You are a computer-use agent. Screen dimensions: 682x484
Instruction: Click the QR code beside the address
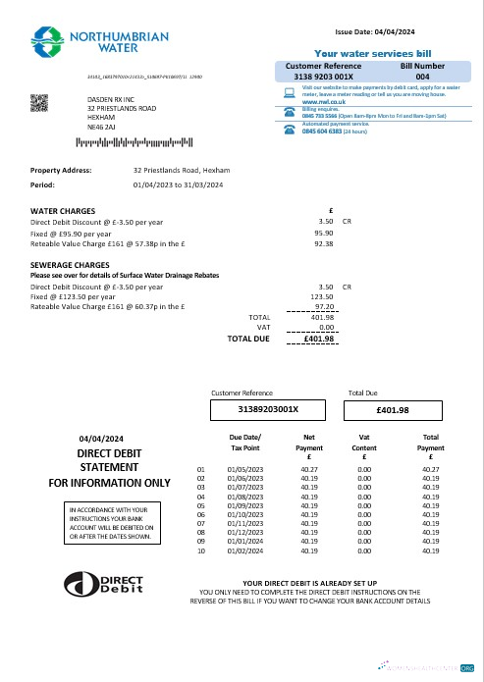click(x=41, y=102)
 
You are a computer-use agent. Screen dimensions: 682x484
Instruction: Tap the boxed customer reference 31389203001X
click(x=268, y=409)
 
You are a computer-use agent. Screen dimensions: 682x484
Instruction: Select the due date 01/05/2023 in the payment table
click(x=244, y=469)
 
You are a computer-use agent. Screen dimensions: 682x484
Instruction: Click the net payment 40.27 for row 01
click(x=310, y=469)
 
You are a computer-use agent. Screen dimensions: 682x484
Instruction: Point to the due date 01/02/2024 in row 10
click(x=244, y=551)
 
